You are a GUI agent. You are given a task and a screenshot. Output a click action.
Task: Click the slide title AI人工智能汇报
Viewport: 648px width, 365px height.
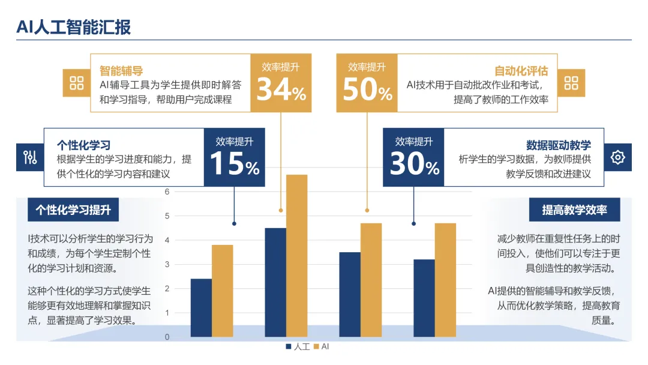coord(74,27)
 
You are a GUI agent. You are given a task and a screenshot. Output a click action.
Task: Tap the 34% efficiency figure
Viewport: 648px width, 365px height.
coord(281,89)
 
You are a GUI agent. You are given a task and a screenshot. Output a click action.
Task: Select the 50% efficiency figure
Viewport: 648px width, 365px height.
coord(367,89)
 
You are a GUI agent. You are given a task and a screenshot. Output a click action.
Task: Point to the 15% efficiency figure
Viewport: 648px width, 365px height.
coord(235,163)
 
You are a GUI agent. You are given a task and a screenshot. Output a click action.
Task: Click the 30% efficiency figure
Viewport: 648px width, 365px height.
coord(414,163)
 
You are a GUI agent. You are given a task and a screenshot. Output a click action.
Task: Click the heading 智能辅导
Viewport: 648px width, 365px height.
coord(121,71)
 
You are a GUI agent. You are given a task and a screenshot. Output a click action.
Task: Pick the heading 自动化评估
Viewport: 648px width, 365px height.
coord(521,71)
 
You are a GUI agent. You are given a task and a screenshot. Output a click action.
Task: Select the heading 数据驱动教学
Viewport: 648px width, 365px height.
coord(559,145)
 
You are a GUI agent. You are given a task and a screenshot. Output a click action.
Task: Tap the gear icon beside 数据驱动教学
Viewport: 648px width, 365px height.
coord(618,157)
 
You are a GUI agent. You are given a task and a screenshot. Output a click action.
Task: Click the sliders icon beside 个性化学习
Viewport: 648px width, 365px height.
coord(30,157)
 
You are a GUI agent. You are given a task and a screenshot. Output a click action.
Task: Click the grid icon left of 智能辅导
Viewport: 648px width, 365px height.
coord(76,83)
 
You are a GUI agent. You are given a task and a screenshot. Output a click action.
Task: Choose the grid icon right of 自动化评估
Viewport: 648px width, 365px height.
coord(571,83)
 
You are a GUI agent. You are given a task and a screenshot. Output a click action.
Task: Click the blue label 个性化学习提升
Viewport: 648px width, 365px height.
coord(73,210)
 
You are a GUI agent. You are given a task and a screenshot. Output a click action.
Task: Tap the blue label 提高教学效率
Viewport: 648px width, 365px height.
coord(574,210)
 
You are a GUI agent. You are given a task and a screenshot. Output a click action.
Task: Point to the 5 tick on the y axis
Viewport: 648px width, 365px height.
coord(167,216)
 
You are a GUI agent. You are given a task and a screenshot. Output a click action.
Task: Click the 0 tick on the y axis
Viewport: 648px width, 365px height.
coord(167,337)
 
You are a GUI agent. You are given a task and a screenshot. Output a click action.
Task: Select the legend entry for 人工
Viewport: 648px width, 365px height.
coord(298,346)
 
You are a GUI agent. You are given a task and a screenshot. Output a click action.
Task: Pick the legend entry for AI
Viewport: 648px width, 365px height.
coord(322,346)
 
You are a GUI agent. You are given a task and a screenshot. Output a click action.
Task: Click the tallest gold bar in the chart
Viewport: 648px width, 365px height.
coord(297,256)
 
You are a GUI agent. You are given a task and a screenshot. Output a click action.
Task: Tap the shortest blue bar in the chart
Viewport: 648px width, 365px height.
coord(201,308)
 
